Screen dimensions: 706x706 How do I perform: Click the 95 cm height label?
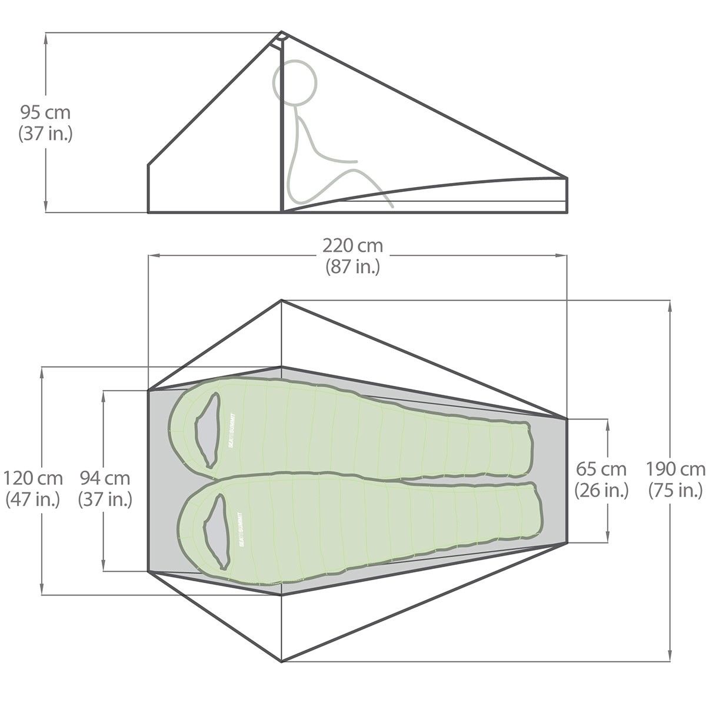tap(45, 113)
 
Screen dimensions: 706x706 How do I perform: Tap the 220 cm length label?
tap(353, 245)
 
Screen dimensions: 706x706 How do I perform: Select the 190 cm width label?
tap(675, 469)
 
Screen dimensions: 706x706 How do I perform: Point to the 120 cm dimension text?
tap(33, 478)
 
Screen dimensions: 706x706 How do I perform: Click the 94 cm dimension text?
tap(105, 478)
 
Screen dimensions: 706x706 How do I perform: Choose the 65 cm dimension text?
tap(601, 469)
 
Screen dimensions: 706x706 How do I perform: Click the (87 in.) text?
tap(353, 267)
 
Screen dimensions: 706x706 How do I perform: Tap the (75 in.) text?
tap(675, 490)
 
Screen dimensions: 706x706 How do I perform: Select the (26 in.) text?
tap(601, 490)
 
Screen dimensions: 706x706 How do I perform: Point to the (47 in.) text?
tap(33, 499)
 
